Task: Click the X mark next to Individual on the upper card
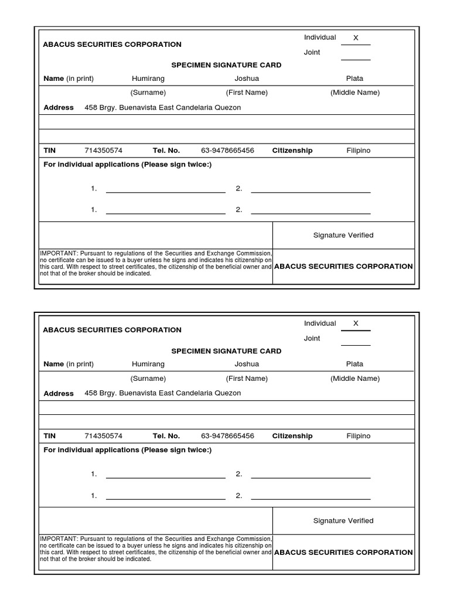(x=356, y=38)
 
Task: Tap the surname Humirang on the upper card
(x=148, y=79)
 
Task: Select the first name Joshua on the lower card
(x=247, y=364)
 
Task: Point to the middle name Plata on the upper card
(x=354, y=79)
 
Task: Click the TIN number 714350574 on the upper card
(x=104, y=151)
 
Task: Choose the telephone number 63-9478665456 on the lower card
(x=227, y=436)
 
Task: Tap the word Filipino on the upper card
(x=359, y=151)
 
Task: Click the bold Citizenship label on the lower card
(x=292, y=436)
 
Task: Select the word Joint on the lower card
(x=312, y=338)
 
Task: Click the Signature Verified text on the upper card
(x=343, y=236)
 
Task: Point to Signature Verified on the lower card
(x=343, y=521)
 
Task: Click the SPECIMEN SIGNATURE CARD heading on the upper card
(x=226, y=65)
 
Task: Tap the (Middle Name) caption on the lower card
(x=355, y=379)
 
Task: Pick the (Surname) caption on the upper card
(x=148, y=93)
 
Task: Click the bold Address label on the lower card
(x=59, y=394)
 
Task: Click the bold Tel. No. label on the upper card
(x=166, y=151)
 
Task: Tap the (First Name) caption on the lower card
(x=247, y=379)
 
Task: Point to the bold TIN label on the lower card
(x=49, y=436)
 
